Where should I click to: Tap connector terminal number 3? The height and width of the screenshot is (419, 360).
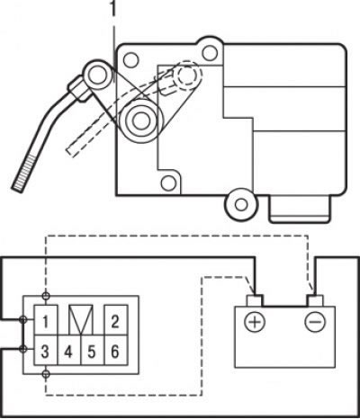point(45,351)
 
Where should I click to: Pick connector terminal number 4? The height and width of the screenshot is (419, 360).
point(69,351)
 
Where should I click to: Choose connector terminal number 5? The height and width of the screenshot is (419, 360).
point(93,351)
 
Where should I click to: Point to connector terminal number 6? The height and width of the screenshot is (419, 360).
point(116,351)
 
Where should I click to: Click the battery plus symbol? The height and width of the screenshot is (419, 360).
point(255,322)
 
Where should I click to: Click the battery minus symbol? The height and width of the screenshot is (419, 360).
point(315,322)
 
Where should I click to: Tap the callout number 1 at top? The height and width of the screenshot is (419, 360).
point(113,9)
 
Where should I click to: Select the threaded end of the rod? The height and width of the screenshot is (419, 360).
point(24,173)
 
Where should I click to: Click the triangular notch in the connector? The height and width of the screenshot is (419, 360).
point(81,319)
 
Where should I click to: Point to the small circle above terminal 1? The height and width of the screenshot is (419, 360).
point(46,296)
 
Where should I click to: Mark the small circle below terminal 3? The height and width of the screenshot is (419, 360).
point(46,374)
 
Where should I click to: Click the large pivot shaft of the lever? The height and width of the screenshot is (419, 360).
point(139,120)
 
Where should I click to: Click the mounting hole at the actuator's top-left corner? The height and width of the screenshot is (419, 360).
point(130,60)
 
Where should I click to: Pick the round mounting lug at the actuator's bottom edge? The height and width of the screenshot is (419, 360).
point(241,205)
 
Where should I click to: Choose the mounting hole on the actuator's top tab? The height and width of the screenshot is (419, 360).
point(210,53)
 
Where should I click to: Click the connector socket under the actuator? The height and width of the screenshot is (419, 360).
point(300,209)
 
